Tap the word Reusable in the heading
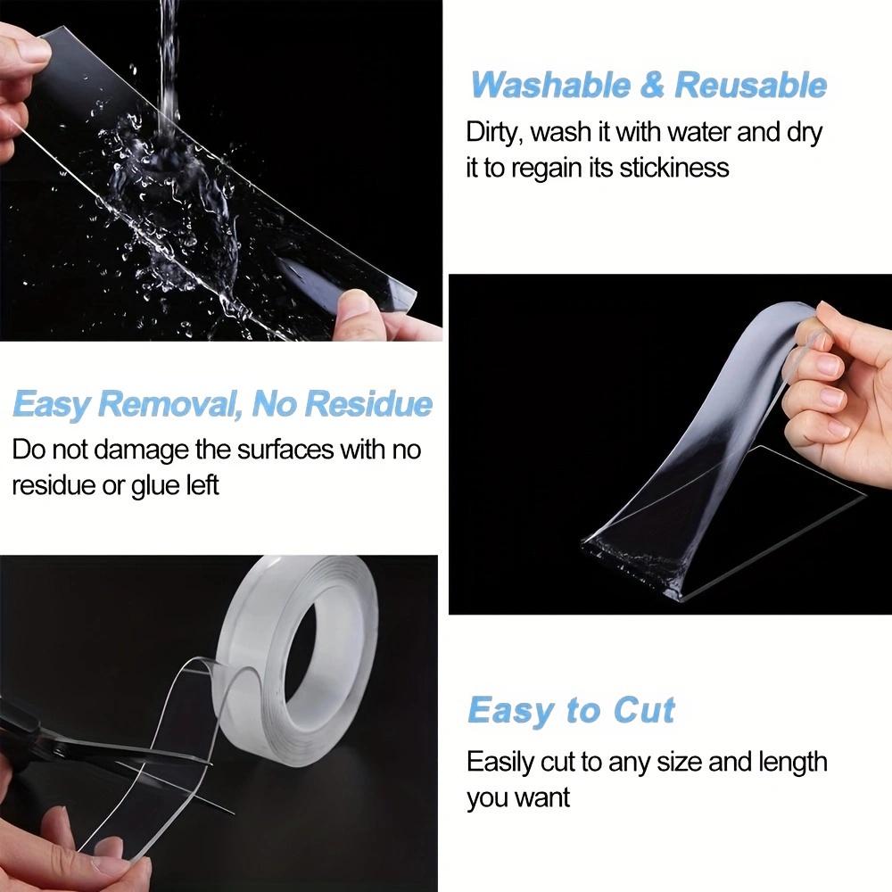coord(750,86)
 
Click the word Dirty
coord(493,133)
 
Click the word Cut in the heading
coord(644,711)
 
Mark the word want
coord(542,797)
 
